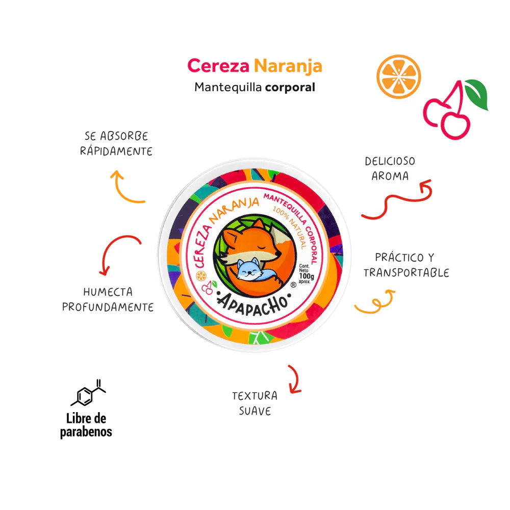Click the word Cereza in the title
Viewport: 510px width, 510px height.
[218, 66]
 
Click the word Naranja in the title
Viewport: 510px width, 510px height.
[288, 66]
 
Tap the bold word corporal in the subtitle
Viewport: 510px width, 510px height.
[290, 87]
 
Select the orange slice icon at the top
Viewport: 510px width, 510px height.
[398, 77]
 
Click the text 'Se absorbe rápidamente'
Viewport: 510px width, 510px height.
[116, 144]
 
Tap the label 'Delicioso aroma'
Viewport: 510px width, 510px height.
[390, 168]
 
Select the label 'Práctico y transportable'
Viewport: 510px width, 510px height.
[406, 265]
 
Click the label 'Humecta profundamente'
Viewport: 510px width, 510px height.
[108, 299]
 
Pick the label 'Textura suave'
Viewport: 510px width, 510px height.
[254, 403]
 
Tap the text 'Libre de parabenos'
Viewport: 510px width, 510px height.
[86, 425]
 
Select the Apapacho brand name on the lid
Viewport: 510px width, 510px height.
[253, 301]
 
